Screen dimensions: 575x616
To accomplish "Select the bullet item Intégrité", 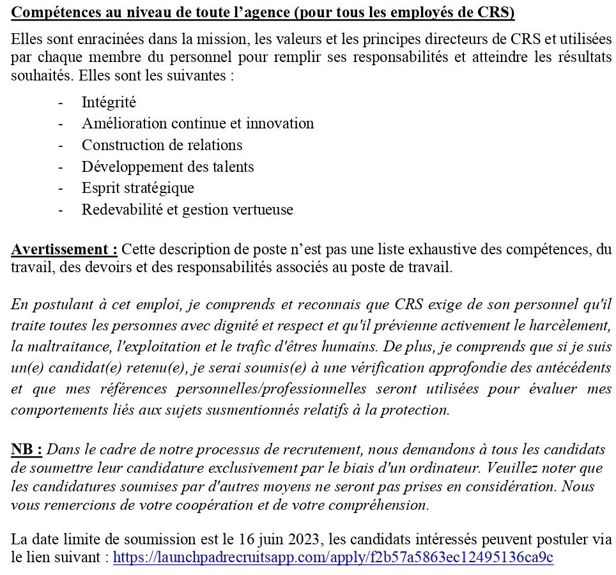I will click(x=109, y=102).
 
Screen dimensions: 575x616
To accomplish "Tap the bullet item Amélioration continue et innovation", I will click(x=197, y=123).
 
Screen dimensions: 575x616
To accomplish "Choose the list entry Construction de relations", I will click(x=162, y=145).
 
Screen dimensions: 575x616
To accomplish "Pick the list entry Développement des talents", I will click(x=167, y=167).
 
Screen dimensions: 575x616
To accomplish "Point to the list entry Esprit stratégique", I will click(x=137, y=188).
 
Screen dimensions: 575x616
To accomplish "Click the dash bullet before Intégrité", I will click(x=61, y=102).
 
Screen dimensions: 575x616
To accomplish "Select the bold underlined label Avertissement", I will click(x=64, y=249).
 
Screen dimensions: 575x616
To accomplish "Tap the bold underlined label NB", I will click(x=26, y=450).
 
